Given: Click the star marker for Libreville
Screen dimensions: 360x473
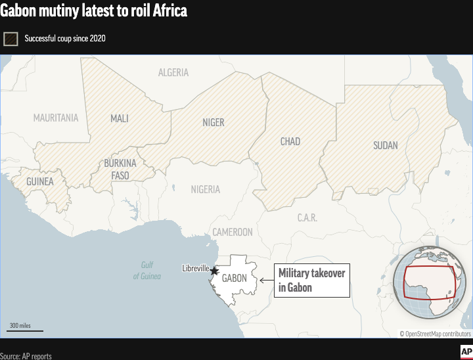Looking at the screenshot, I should click(214, 271).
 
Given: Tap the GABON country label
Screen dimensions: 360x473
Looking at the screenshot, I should click(235, 278).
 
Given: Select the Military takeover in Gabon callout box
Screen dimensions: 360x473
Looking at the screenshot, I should click(311, 281).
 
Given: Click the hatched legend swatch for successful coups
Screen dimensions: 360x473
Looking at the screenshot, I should click(11, 38).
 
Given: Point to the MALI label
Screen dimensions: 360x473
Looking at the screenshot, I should click(120, 119).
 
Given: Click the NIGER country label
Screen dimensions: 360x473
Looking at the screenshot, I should click(214, 122).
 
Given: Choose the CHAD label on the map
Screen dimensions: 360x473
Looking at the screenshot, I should click(290, 141).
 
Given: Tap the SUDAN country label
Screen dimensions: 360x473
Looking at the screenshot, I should click(385, 145).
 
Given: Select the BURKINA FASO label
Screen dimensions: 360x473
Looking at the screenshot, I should click(120, 169).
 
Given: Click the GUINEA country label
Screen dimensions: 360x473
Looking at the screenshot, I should click(40, 181).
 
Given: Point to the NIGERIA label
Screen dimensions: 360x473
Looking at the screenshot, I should click(206, 189).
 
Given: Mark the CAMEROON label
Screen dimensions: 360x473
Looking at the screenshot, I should click(232, 232).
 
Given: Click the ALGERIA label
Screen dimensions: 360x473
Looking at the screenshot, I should click(173, 73).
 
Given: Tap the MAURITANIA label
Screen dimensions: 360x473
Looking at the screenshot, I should click(56, 118).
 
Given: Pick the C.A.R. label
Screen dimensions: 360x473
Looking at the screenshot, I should click(307, 217).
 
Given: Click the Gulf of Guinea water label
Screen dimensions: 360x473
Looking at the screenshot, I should click(147, 271).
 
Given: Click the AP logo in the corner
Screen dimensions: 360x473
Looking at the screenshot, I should click(465, 351).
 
